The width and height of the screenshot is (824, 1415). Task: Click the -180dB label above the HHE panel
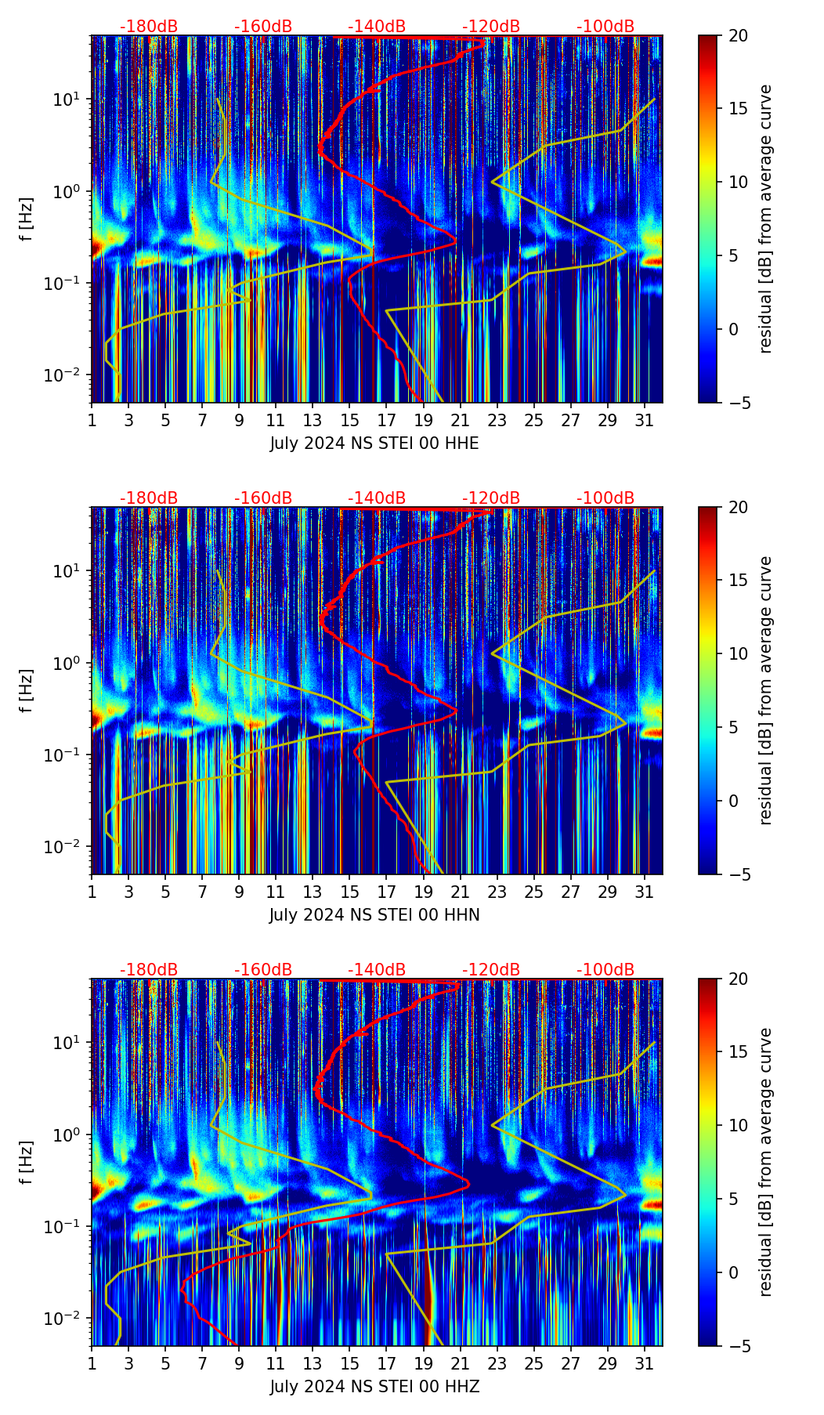[149, 27]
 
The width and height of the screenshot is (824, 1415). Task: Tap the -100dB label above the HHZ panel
[605, 970]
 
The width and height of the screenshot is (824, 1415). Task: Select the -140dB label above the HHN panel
[377, 498]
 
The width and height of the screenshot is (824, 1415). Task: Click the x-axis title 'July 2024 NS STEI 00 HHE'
[374, 443]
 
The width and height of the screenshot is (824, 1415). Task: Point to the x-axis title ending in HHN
[374, 915]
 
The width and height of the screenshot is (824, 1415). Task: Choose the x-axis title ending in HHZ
[374, 1387]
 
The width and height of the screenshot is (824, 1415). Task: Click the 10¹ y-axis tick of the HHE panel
[65, 100]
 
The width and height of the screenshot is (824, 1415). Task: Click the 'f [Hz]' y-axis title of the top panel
[28, 219]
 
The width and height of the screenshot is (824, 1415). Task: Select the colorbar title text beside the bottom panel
[766, 1162]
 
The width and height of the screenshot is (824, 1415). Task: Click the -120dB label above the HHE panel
[491, 27]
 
